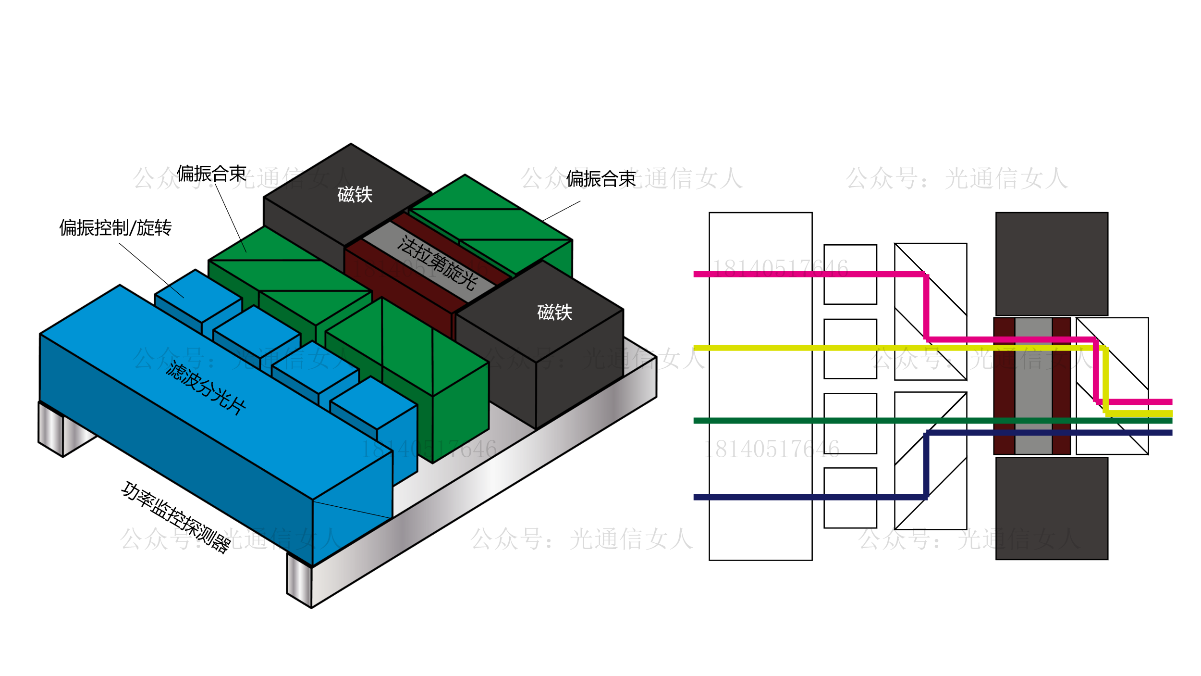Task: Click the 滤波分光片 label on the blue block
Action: tap(206, 387)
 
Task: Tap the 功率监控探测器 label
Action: tap(176, 517)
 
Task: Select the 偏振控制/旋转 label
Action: tap(115, 228)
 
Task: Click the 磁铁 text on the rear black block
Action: tap(355, 195)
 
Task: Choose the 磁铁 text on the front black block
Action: tap(554, 313)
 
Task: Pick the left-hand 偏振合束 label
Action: tap(211, 174)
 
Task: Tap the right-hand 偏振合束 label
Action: tap(600, 179)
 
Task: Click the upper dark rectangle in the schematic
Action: tap(1052, 263)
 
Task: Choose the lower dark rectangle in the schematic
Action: tap(1052, 508)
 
